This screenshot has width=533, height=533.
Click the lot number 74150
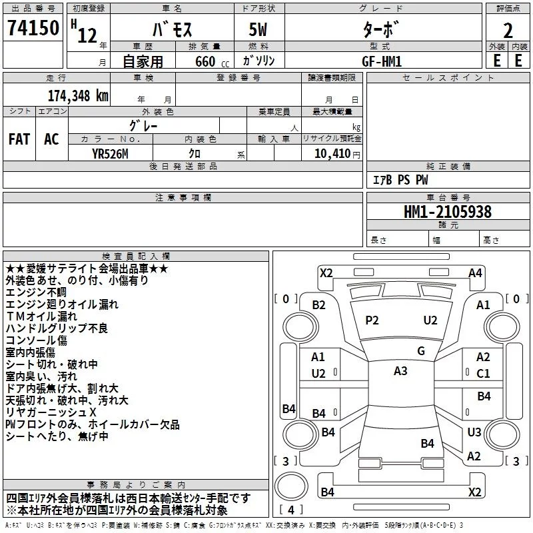point(33,27)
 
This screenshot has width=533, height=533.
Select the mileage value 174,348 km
point(78,96)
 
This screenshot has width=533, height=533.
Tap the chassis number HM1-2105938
point(448,212)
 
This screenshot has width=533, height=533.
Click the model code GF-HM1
point(382,61)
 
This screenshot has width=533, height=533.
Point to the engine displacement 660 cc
point(212,61)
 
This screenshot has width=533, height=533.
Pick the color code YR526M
point(110,154)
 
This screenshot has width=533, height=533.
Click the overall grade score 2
point(508,31)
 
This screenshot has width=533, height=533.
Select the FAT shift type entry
point(19,139)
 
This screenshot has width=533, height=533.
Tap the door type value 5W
point(258,29)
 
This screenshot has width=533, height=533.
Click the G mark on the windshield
point(421,351)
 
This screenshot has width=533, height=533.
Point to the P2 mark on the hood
point(372,320)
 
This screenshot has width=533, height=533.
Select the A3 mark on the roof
point(400,371)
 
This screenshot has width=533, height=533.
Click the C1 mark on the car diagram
point(483,374)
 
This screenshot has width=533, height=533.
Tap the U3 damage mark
point(474,432)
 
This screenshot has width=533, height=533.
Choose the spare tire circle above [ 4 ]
point(291,486)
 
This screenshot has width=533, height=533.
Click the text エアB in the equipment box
point(382,180)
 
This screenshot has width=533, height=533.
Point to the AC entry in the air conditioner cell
point(51,139)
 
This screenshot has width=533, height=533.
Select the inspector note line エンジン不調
point(36,292)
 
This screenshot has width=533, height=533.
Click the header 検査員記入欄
point(136,257)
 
